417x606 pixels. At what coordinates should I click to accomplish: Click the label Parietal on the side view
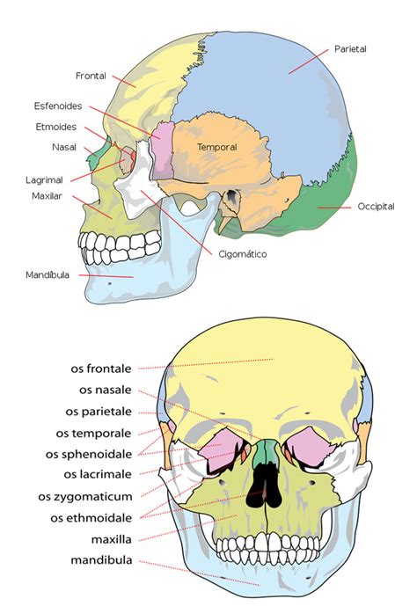tap(350, 49)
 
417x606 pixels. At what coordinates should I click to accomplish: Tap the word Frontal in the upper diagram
tap(91, 76)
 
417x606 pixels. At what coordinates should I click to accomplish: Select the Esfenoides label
tap(58, 106)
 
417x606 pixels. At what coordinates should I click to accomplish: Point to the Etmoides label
tap(56, 127)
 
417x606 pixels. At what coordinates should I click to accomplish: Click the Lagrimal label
tap(44, 180)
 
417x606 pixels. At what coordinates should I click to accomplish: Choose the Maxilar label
tap(47, 196)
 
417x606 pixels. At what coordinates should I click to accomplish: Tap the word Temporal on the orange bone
tap(216, 147)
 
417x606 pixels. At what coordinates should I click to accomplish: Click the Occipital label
tap(376, 207)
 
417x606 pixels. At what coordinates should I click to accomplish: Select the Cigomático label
tap(243, 254)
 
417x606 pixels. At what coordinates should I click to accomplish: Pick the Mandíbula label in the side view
tap(48, 274)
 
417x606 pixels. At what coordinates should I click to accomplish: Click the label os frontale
tap(101, 369)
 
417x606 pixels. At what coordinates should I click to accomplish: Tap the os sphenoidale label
tap(89, 454)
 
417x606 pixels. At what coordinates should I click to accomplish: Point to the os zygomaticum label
tap(85, 497)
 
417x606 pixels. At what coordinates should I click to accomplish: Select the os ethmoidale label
tap(91, 518)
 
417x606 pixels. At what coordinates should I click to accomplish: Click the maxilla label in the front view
tap(112, 539)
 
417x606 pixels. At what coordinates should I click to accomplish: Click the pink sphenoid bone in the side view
tap(162, 150)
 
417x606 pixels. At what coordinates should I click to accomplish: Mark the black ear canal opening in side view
tap(232, 195)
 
